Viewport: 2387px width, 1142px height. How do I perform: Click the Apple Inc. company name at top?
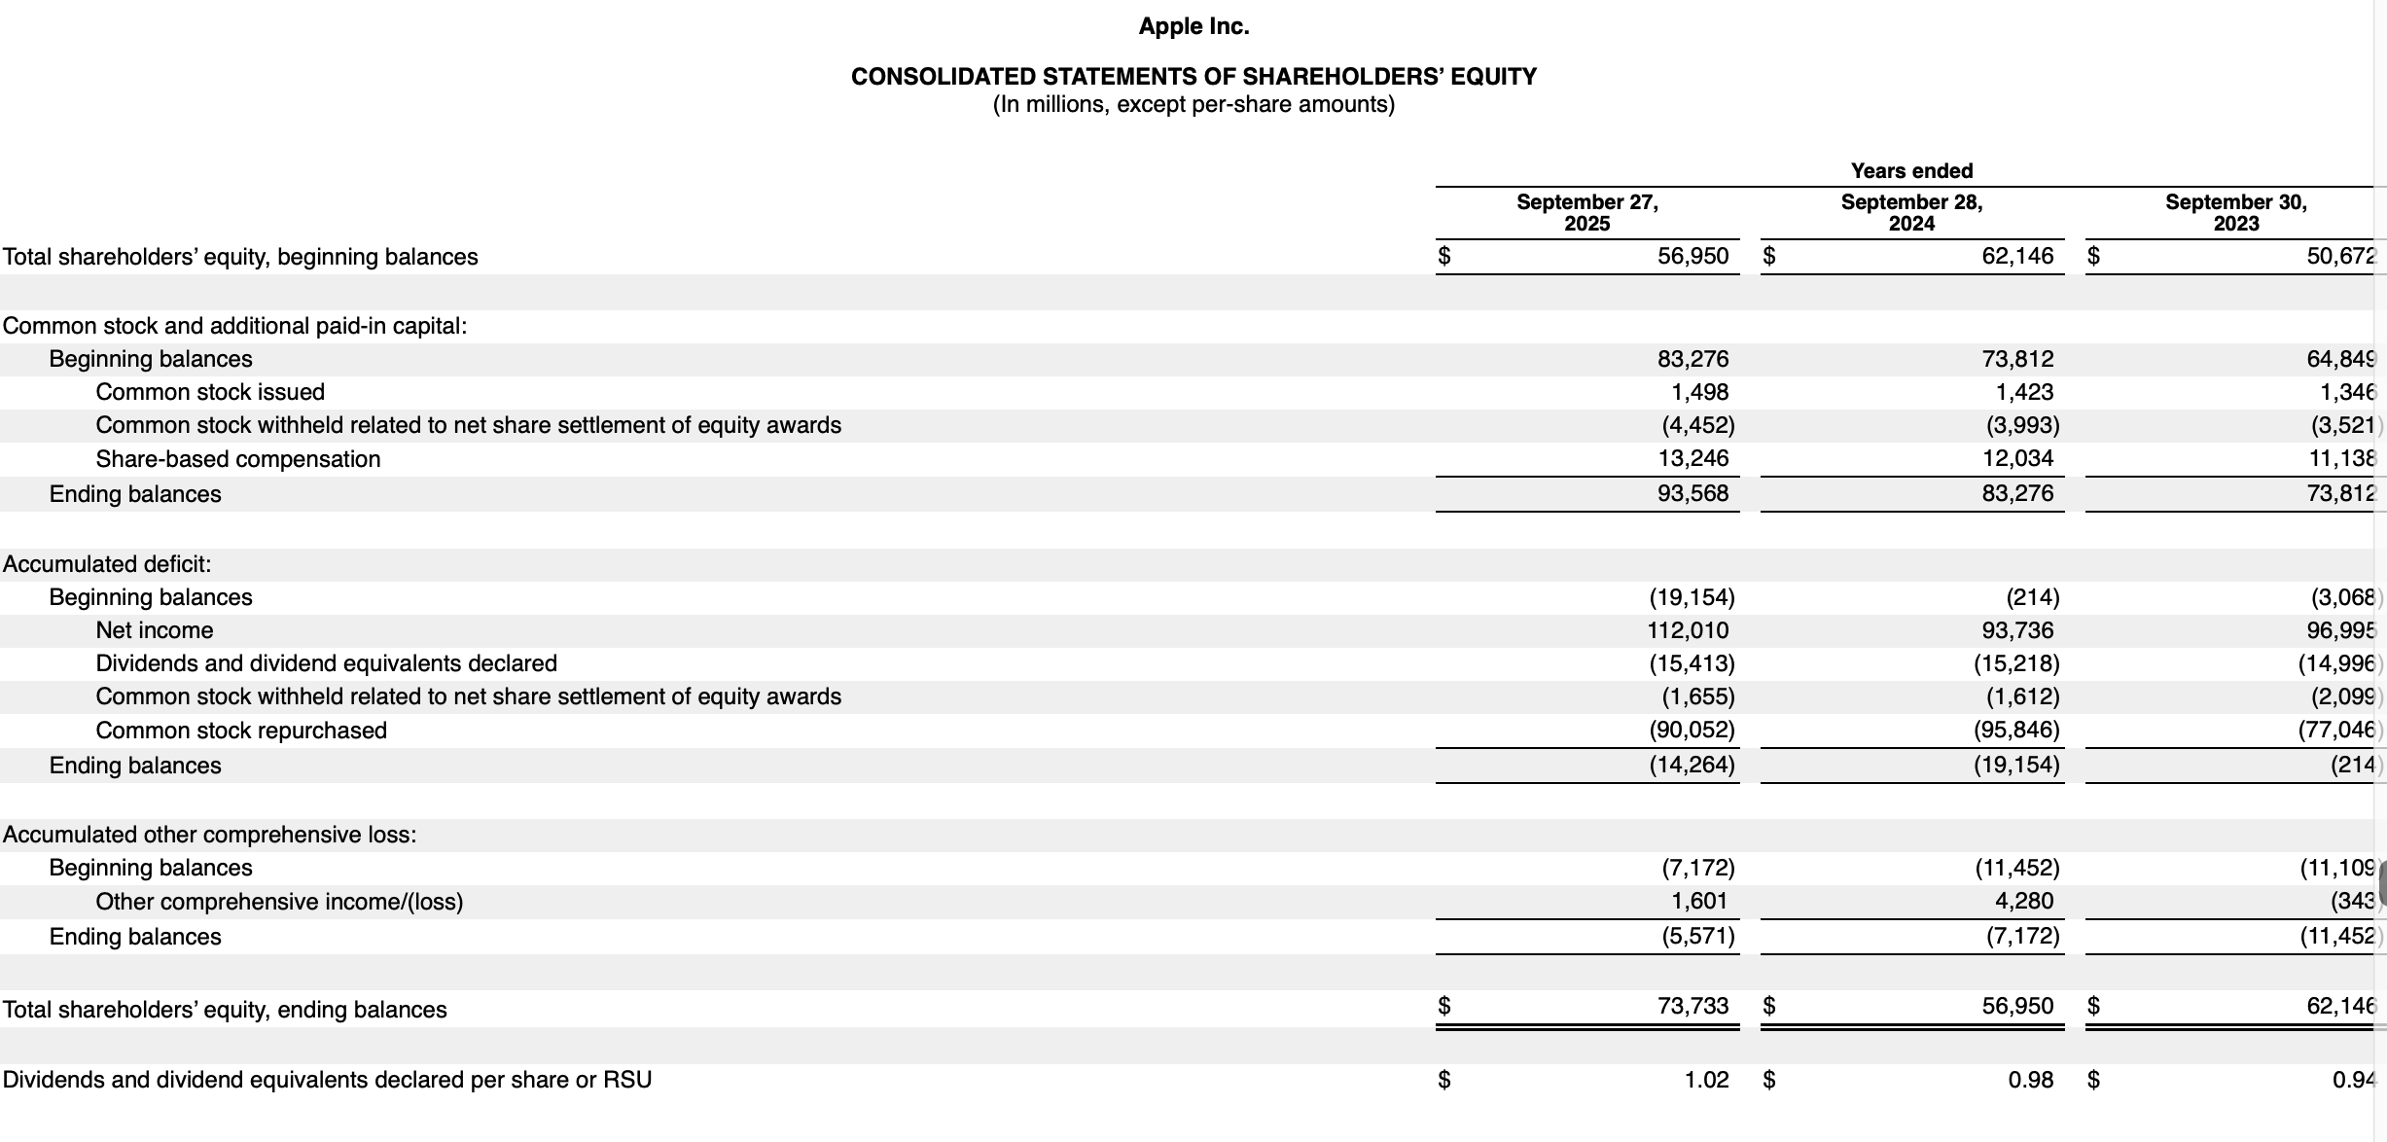[x=1193, y=26]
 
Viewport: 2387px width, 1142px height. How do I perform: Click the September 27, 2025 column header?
[x=1586, y=212]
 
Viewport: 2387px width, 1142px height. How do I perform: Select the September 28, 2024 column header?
[x=1911, y=212]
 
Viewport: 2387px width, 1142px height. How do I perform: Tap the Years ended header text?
[x=1911, y=171]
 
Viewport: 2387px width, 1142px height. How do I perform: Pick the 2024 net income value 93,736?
[x=2017, y=630]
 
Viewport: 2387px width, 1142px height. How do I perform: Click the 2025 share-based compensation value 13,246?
[x=1692, y=458]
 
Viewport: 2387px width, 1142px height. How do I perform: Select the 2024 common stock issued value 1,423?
[x=2024, y=392]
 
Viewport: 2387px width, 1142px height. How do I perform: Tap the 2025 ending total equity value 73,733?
[x=1692, y=1006]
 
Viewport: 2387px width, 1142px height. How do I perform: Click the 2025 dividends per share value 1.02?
[x=1706, y=1080]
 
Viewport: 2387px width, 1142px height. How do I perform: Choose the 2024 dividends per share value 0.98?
[x=2031, y=1080]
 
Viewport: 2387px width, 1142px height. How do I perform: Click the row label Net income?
[x=155, y=630]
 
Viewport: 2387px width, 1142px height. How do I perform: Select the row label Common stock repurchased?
[x=241, y=731]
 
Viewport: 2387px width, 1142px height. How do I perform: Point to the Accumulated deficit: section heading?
[x=107, y=564]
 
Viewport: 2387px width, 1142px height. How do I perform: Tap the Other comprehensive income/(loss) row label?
[x=279, y=902]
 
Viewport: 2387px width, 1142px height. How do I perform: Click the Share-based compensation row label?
[x=238, y=459]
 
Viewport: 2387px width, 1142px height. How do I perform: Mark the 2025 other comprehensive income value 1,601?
[x=1699, y=901]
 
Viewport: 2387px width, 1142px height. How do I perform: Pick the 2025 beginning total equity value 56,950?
[x=1692, y=257]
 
